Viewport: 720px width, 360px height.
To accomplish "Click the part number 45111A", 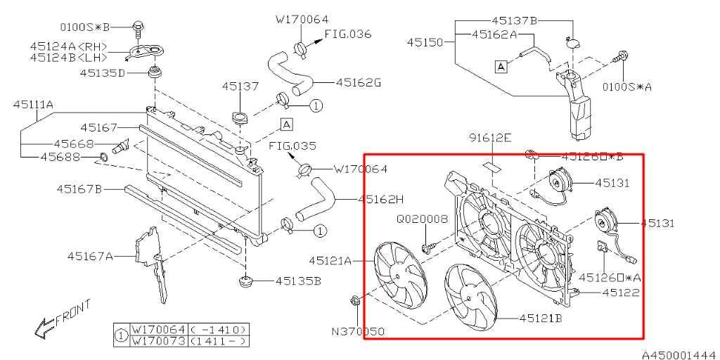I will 33,105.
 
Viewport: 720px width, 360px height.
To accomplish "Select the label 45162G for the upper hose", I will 358,82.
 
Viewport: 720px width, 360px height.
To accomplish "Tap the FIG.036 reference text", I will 349,34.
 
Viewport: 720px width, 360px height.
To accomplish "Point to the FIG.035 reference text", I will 292,146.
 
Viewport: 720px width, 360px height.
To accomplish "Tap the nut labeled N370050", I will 354,303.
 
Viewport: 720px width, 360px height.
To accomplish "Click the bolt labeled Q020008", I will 427,247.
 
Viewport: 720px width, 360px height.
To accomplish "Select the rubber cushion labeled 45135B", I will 245,282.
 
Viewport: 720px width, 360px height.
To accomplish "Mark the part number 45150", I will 425,43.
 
